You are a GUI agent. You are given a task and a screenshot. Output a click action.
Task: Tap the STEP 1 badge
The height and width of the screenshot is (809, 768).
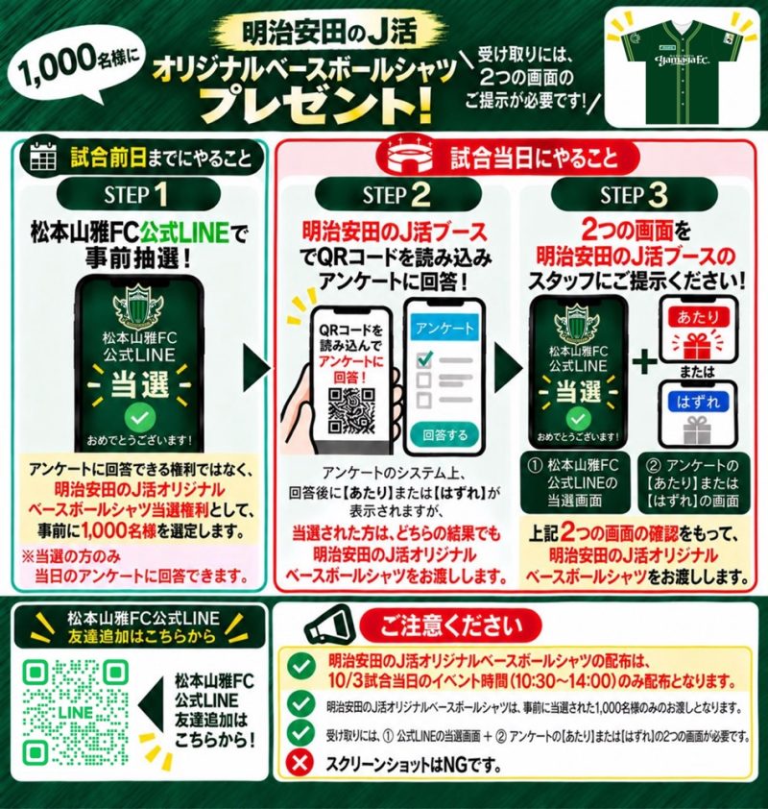click(x=138, y=194)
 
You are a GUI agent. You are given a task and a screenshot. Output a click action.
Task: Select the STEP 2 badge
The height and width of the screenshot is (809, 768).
click(x=397, y=194)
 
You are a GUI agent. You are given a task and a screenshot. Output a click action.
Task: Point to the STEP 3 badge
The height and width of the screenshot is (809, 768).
click(x=634, y=194)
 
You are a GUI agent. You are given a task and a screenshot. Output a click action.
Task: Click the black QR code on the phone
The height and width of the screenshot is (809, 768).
click(x=350, y=410)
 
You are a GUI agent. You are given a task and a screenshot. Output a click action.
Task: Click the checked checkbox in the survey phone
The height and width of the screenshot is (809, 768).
click(x=423, y=359)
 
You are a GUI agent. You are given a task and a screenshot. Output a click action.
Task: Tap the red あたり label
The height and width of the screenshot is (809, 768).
click(x=698, y=317)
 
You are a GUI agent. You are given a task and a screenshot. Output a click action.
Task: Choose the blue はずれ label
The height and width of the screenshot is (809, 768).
click(x=698, y=402)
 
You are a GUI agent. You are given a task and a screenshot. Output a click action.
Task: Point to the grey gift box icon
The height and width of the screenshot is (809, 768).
click(x=697, y=430)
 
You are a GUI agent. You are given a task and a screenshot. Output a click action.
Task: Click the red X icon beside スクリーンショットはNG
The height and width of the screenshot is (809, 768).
click(x=300, y=763)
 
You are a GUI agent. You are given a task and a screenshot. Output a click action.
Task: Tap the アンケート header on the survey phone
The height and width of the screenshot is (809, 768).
click(x=444, y=329)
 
